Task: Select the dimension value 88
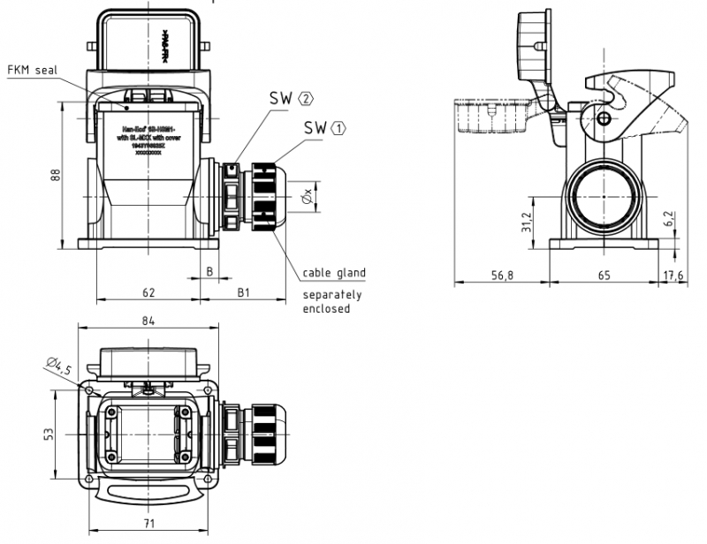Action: click(55, 175)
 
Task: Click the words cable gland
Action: click(333, 273)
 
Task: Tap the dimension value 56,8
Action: click(502, 276)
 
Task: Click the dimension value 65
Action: click(604, 276)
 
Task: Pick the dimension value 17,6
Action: click(674, 276)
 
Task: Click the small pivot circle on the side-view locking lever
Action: click(604, 119)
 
